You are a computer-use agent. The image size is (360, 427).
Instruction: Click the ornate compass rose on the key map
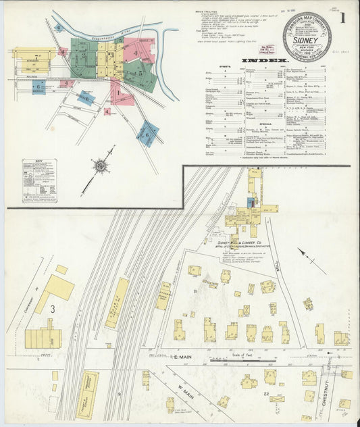(x=100, y=164)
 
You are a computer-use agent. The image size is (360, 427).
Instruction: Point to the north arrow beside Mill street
(x=311, y=261)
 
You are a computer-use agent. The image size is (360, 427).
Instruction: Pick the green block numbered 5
(x=140, y=74)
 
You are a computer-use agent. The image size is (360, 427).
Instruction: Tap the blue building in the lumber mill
(x=251, y=202)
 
